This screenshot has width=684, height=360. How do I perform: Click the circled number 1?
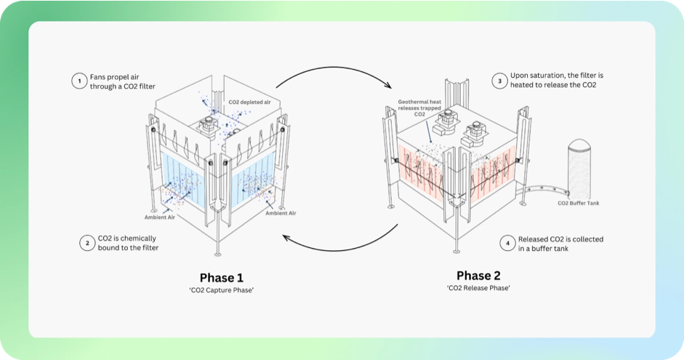(x=78, y=81)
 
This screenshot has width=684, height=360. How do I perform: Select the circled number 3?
(x=499, y=81)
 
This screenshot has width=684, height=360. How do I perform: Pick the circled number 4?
(x=506, y=243)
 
